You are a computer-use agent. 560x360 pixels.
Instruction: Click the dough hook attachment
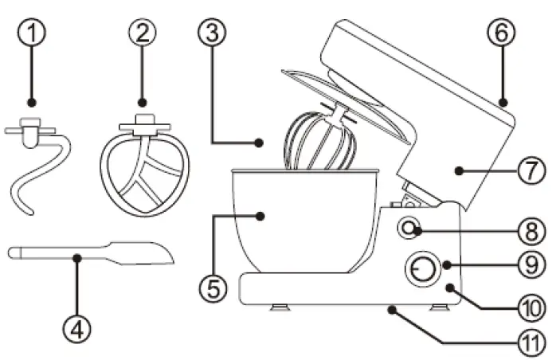[36, 171]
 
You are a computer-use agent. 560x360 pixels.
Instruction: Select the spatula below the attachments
[88, 255]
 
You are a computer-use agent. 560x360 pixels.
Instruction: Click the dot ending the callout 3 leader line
[260, 143]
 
